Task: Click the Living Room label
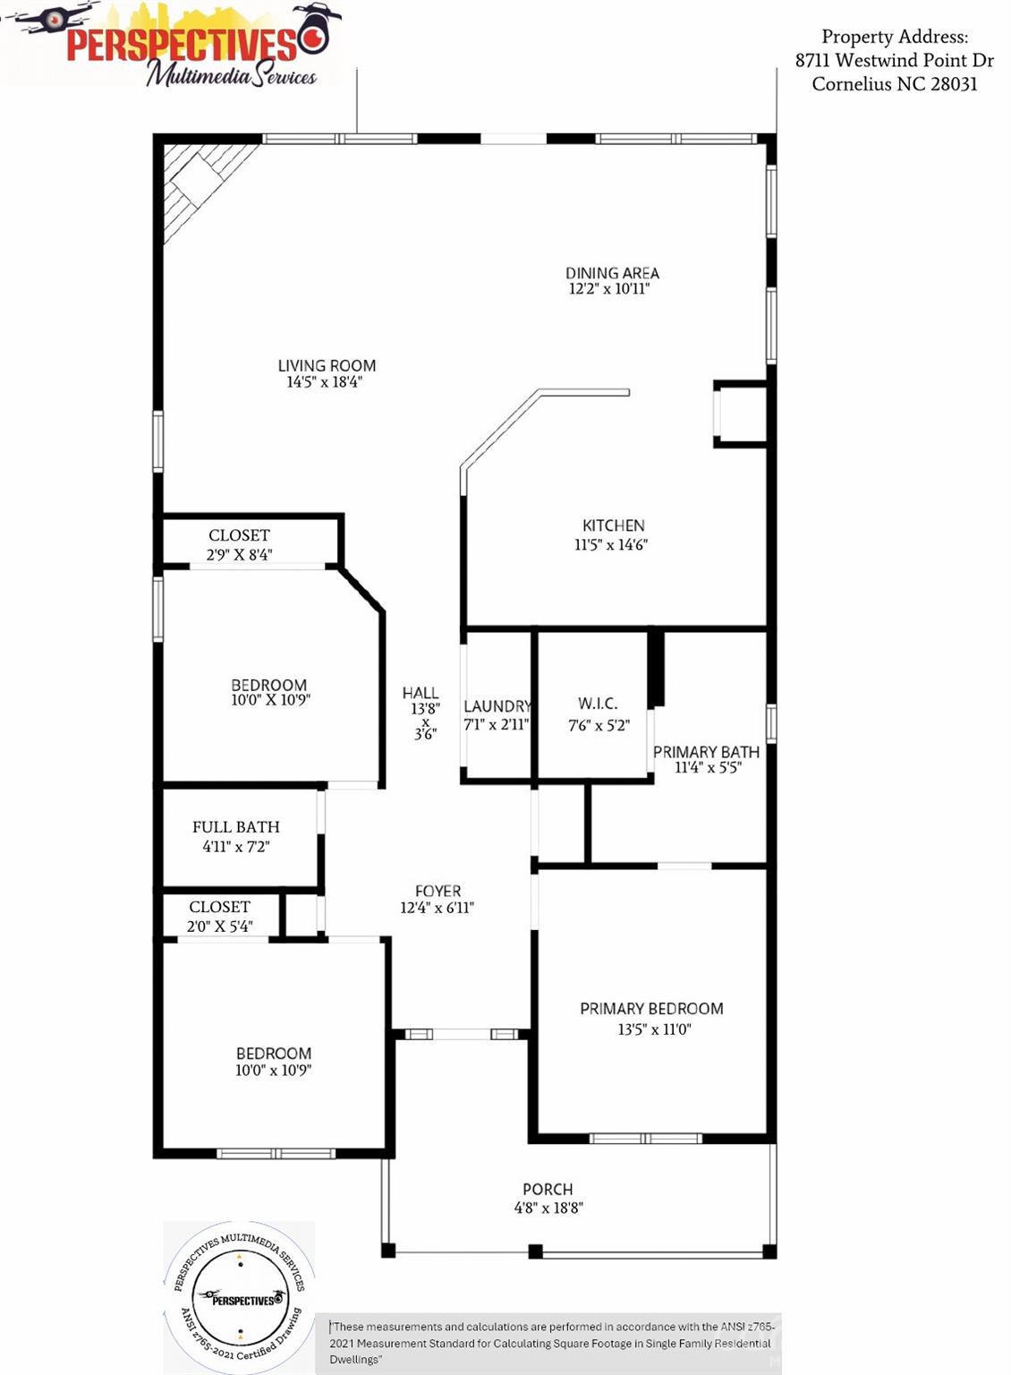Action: pyautogui.click(x=327, y=365)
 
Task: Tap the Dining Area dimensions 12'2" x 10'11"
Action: pyautogui.click(x=609, y=289)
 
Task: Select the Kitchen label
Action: pyautogui.click(x=613, y=525)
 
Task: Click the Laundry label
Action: pyautogui.click(x=497, y=706)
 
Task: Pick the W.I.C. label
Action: pyautogui.click(x=598, y=704)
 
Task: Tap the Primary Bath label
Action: pyautogui.click(x=706, y=752)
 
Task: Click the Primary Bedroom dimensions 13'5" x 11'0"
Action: pyautogui.click(x=654, y=1029)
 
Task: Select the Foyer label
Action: pyautogui.click(x=438, y=892)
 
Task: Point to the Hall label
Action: pyautogui.click(x=421, y=693)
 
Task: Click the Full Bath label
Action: pyautogui.click(x=236, y=827)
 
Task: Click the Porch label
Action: pyautogui.click(x=548, y=1190)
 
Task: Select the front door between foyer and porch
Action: pyautogui.click(x=461, y=1035)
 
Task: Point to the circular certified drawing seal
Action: pyautogui.click(x=240, y=1295)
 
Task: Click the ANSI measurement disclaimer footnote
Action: pyautogui.click(x=550, y=1343)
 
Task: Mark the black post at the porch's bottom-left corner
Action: pyautogui.click(x=388, y=1251)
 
